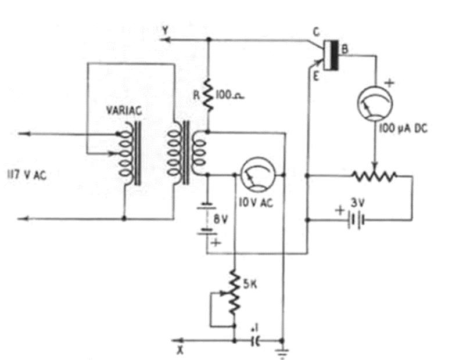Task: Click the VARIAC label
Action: tap(124, 110)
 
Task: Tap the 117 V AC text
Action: tap(27, 175)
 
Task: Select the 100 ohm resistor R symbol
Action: tap(209, 95)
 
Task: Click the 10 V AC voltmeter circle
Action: tap(258, 175)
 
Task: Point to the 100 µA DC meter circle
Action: tap(375, 103)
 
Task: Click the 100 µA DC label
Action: tap(403, 128)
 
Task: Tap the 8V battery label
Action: tap(221, 220)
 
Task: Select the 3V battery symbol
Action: tap(356, 221)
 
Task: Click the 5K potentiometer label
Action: tap(250, 284)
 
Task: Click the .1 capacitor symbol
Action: tap(256, 340)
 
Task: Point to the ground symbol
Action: tap(282, 354)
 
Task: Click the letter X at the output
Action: tap(180, 350)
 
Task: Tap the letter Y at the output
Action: tap(166, 30)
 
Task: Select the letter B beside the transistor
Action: tap(345, 49)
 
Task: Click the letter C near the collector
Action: tap(316, 33)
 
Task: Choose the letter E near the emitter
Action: tap(315, 77)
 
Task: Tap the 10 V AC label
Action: tap(256, 203)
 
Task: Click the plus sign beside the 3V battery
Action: tap(340, 210)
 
